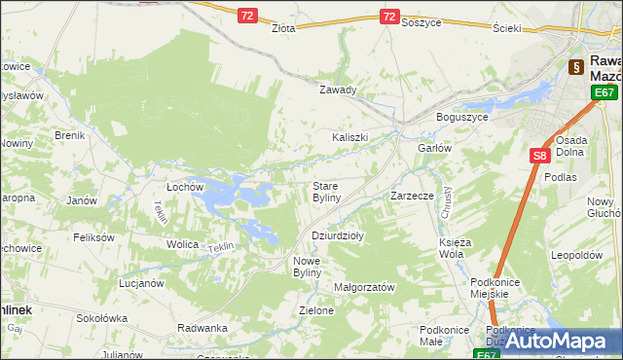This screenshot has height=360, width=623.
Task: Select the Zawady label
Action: tap(339, 90)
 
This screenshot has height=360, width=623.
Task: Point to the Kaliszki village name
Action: tap(350, 137)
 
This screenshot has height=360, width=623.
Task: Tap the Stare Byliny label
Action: tap(325, 191)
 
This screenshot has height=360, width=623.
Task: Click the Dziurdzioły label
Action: tap(337, 234)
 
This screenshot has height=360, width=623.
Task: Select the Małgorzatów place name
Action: tap(363, 287)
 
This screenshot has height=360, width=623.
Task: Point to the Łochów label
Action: tap(184, 186)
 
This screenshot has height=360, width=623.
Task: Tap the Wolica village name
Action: tap(182, 244)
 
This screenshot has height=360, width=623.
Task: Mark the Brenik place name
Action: tap(70, 135)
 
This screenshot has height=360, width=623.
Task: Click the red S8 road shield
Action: tap(540, 154)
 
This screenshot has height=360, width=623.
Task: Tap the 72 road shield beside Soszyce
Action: tap(389, 17)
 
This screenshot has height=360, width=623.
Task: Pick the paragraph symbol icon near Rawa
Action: tap(575, 67)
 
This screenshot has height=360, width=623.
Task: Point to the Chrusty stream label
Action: tap(444, 203)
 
